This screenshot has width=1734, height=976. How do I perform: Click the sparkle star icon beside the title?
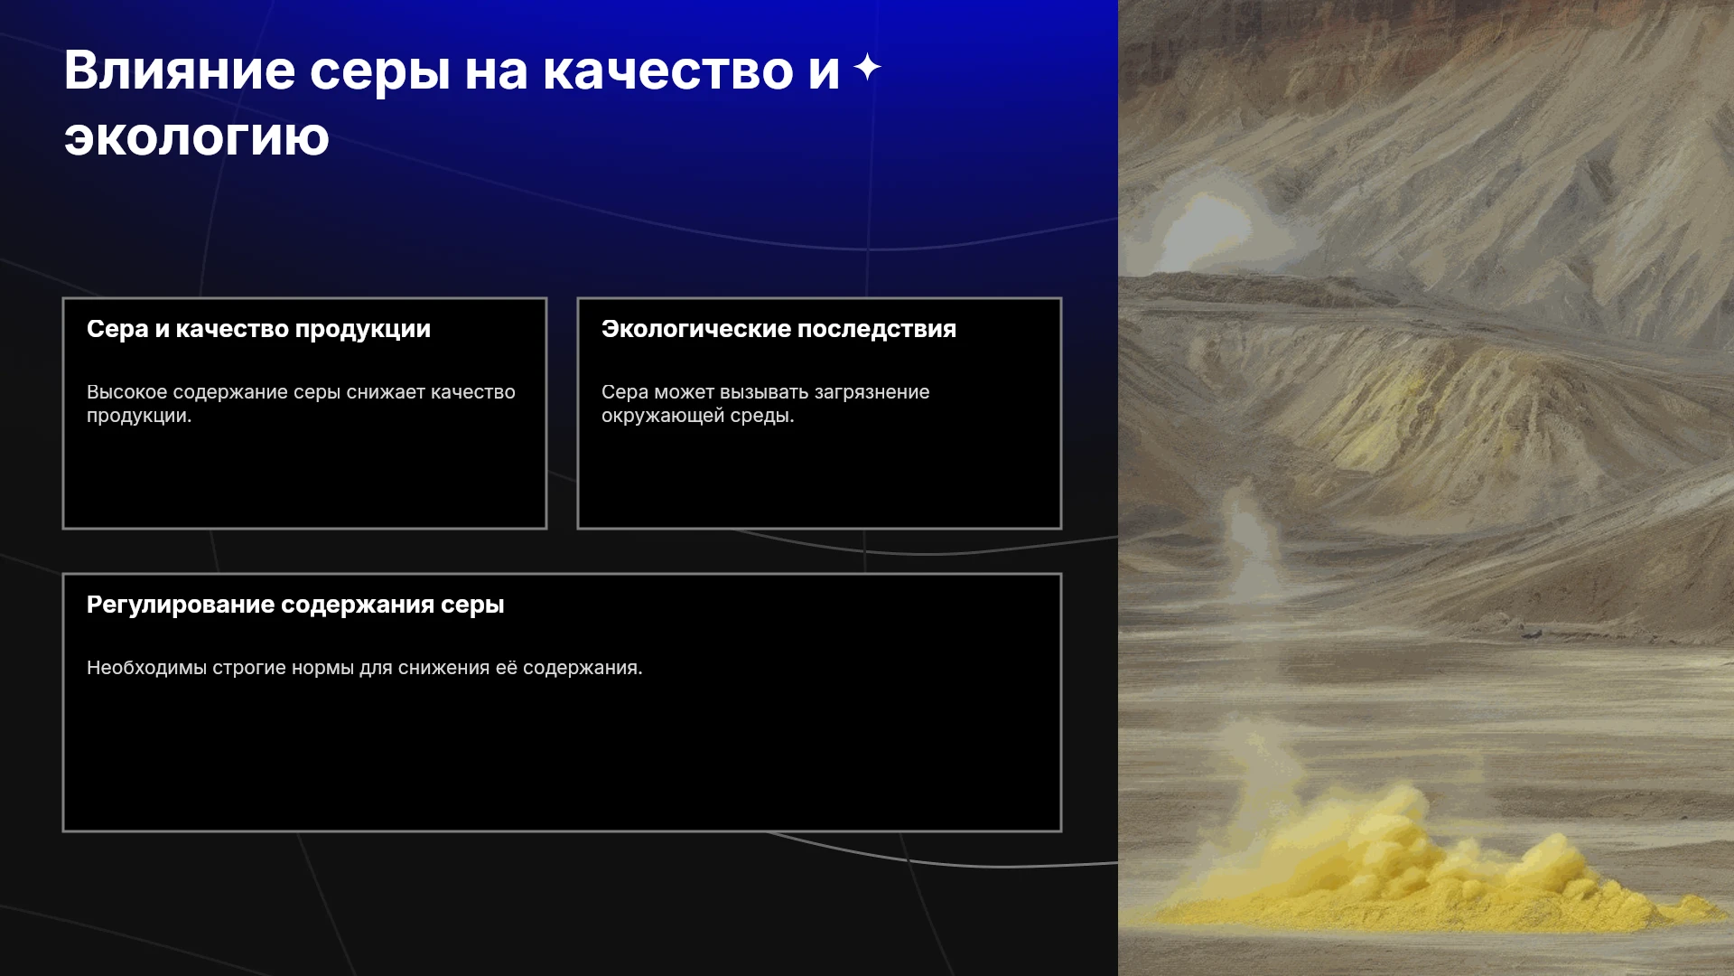867,68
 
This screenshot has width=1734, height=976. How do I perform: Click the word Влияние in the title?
180,70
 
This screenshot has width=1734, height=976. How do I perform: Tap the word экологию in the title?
197,137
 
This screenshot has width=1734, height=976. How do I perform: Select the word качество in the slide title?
667,70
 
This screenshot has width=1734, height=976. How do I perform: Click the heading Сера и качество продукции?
258,329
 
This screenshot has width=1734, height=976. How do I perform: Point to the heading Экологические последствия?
778,329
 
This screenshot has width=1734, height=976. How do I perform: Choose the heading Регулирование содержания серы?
295,605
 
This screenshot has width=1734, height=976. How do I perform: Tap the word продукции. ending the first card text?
139,417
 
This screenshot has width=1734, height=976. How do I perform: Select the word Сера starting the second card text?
625,392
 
